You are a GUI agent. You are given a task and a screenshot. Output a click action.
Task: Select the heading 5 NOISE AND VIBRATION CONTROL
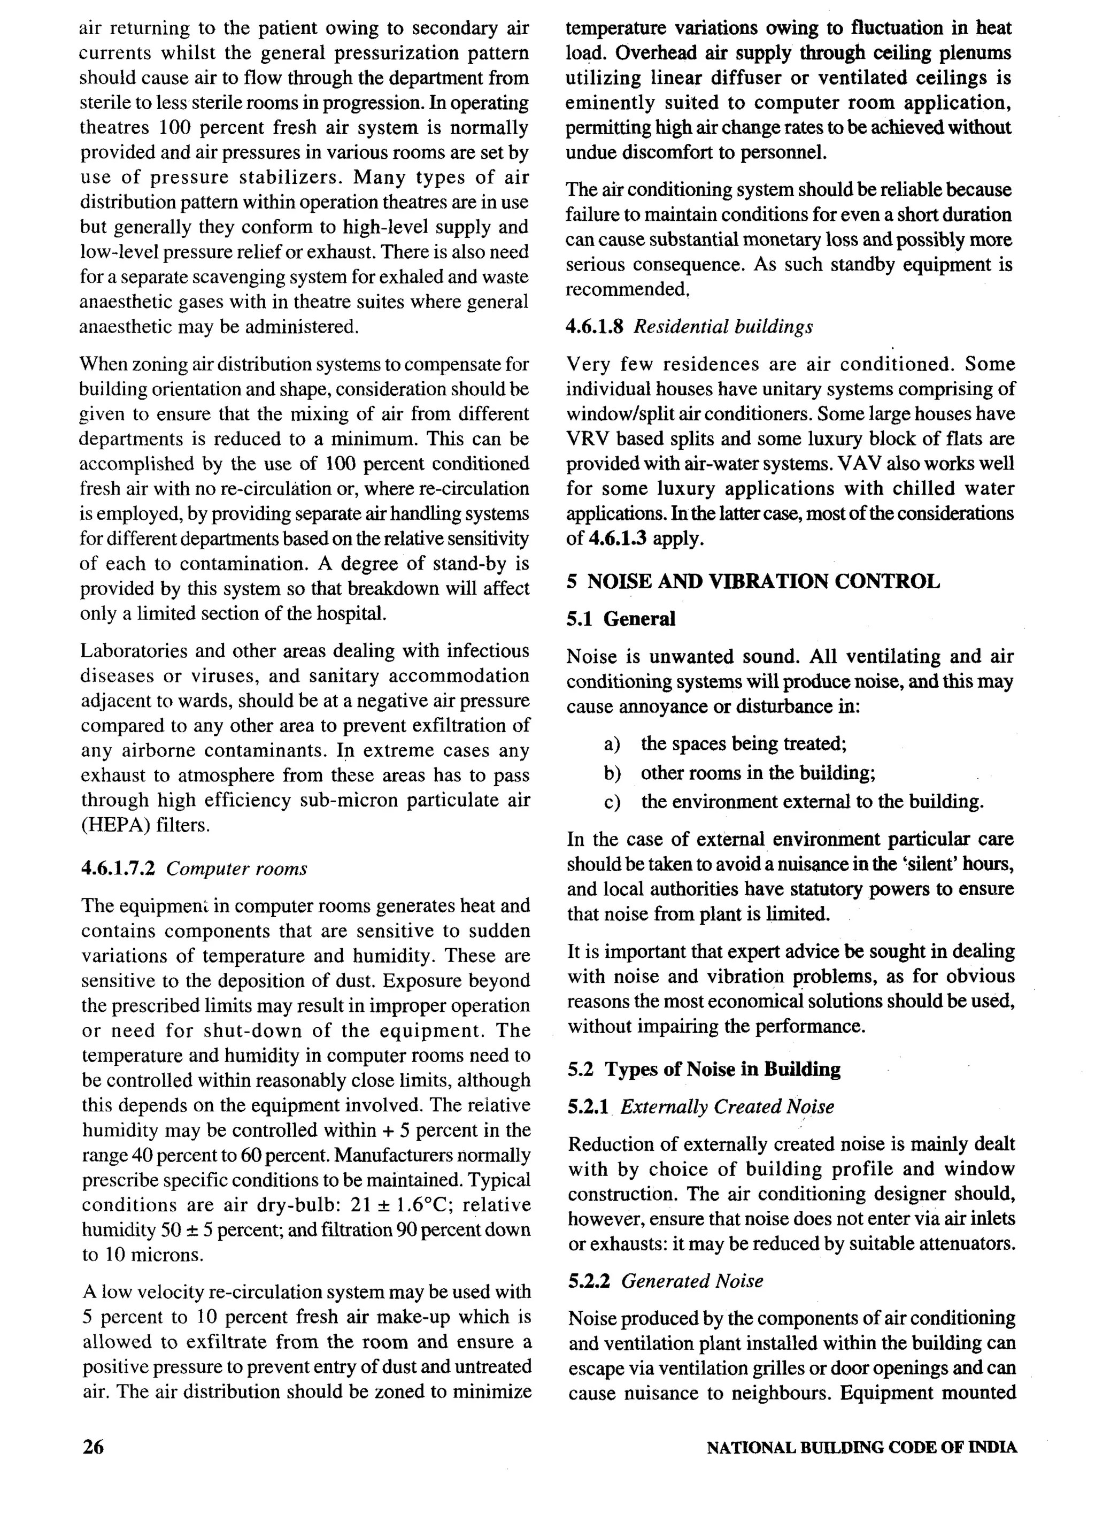[x=752, y=581]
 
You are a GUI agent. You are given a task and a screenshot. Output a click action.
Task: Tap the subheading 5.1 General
[x=621, y=619]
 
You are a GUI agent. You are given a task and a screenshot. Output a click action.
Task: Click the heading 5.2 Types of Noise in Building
[x=704, y=1069]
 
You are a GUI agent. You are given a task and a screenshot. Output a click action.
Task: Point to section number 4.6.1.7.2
[x=118, y=868]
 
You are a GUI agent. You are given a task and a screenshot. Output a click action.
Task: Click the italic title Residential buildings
[x=723, y=327]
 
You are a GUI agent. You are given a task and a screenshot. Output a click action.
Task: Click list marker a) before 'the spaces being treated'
[x=611, y=743]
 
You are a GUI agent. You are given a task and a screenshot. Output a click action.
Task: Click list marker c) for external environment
[x=611, y=802]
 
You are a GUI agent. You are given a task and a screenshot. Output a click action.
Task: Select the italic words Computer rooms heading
[x=236, y=868]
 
